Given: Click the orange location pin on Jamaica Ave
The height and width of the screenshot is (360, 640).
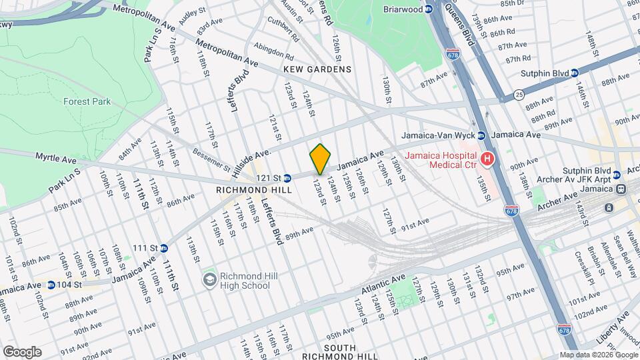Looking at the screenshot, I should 321,159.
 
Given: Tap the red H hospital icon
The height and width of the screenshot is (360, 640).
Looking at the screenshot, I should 487,159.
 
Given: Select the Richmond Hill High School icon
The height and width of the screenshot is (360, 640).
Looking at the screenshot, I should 209,278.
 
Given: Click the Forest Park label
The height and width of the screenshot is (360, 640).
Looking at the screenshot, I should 87,102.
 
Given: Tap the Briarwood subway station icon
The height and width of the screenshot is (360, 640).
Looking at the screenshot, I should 429,9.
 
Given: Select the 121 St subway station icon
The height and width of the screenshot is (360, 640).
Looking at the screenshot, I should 287,178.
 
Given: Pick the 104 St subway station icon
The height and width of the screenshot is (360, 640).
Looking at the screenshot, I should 51,285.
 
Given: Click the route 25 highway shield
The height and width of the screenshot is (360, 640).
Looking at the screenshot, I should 518,96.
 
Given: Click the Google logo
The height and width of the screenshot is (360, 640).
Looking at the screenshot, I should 21,351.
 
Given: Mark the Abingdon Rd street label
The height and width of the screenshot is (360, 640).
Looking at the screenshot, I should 275,52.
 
